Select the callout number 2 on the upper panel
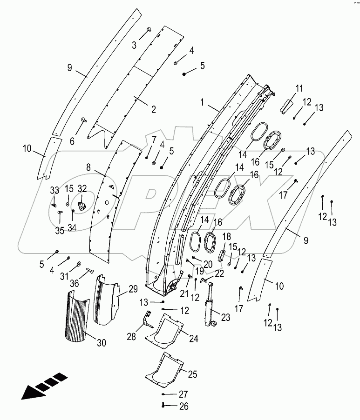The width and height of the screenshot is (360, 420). (153, 109)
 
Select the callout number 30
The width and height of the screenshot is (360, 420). (102, 343)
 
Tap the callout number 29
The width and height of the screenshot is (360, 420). (133, 289)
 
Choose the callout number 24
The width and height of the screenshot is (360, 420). (193, 339)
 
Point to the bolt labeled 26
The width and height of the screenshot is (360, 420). (163, 406)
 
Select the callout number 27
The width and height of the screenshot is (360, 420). (183, 393)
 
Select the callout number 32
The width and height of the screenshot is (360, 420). (82, 188)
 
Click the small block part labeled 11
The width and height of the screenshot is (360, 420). (285, 106)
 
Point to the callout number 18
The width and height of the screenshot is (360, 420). (227, 236)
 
